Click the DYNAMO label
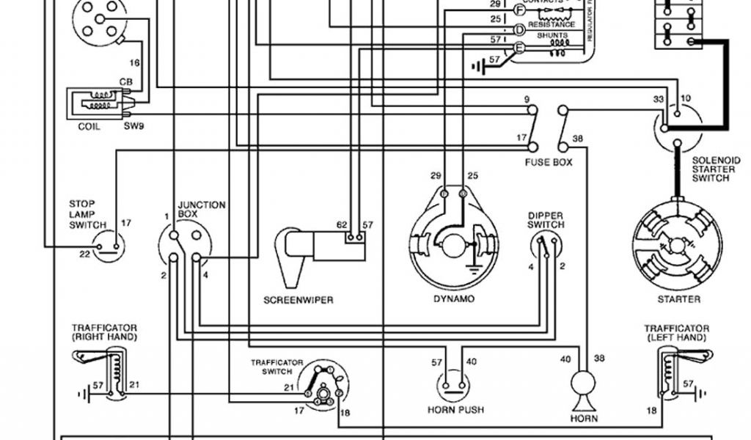[453, 299]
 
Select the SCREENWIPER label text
[298, 300]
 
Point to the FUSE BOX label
[549, 161]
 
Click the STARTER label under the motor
[679, 299]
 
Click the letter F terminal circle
[519, 10]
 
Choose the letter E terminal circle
[519, 48]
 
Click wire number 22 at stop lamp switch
[85, 254]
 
